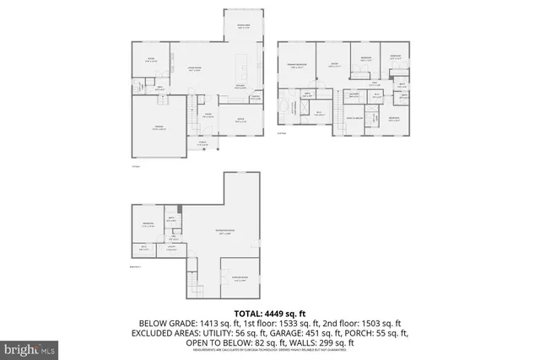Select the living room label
click(194, 70)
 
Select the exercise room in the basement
click(239, 281)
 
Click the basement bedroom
click(148, 225)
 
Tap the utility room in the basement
click(170, 247)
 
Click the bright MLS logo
click(30, 347)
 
